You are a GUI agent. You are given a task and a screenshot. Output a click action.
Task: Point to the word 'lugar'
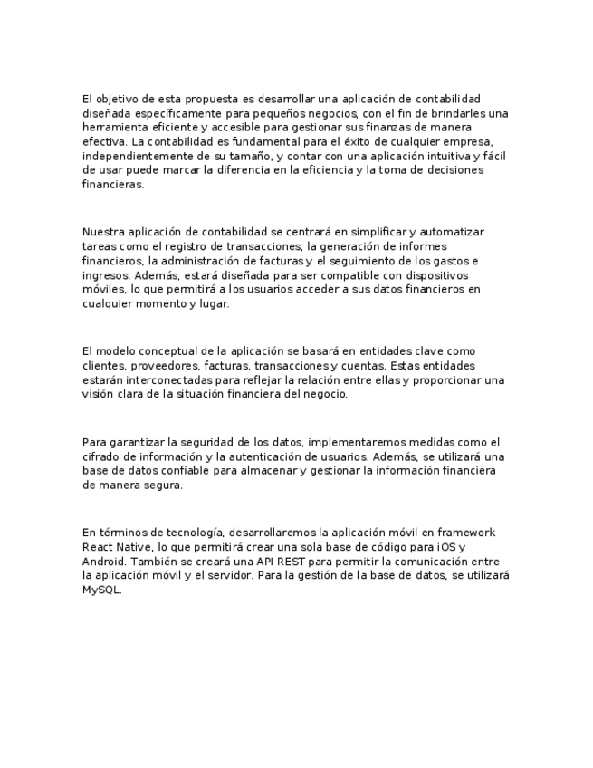click(214, 304)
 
